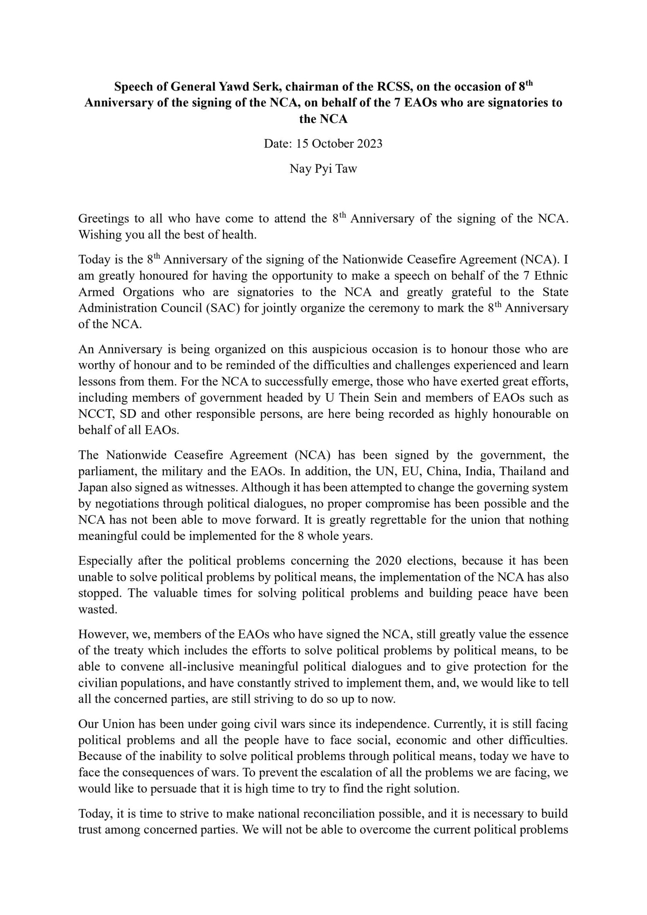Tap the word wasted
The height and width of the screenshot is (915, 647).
pos(97,610)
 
